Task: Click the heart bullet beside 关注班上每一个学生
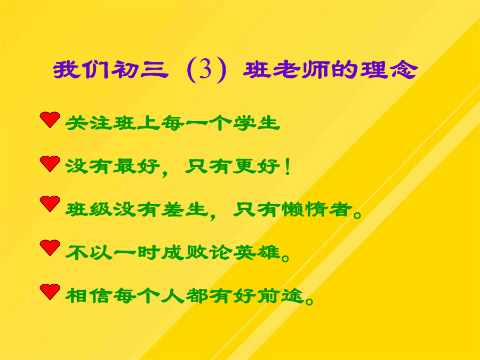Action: click(x=50, y=119)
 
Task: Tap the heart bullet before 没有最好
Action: click(x=50, y=164)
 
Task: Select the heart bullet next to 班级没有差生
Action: click(x=50, y=204)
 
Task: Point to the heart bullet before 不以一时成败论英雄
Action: click(x=50, y=247)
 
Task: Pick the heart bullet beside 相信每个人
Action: click(x=50, y=292)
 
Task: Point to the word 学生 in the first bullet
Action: click(x=257, y=123)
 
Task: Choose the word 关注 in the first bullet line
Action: click(x=89, y=123)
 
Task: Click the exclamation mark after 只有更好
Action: click(x=287, y=167)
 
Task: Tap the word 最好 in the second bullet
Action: click(x=137, y=167)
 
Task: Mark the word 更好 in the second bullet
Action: click(x=257, y=167)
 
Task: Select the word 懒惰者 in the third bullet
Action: click(x=317, y=210)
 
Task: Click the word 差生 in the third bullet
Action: click(x=185, y=210)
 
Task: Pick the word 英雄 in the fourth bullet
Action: click(x=257, y=253)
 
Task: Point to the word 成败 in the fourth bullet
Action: click(x=185, y=253)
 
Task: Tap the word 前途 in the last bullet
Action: click(x=281, y=296)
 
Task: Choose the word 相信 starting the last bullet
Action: click(x=89, y=296)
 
